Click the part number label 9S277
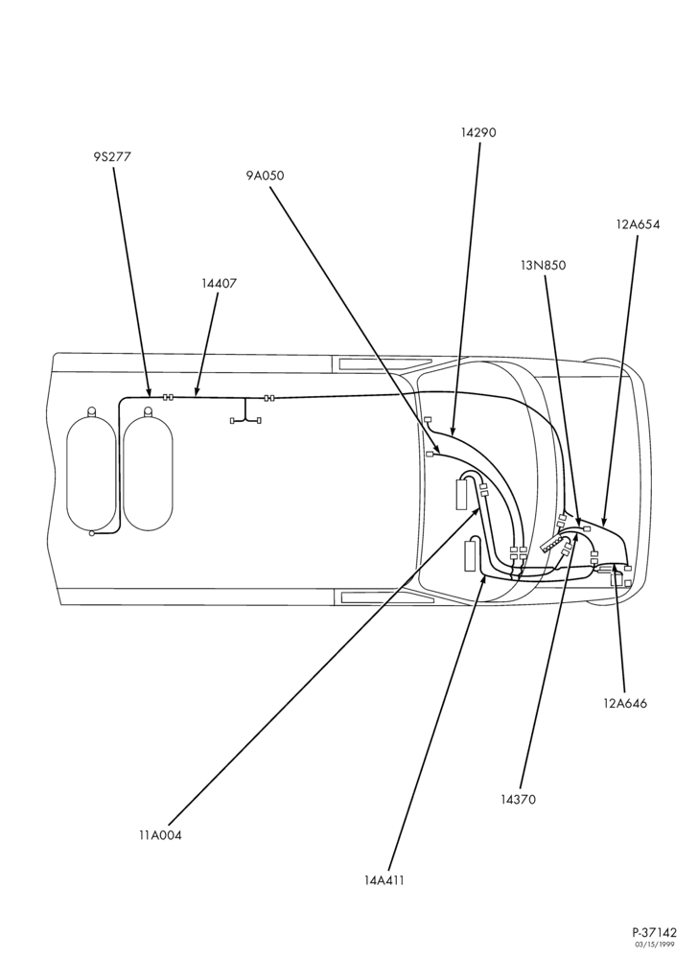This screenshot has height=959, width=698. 112,156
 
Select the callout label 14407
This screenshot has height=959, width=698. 219,283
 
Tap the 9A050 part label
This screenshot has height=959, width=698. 266,176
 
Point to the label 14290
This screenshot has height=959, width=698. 478,132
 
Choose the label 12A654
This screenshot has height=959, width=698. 639,224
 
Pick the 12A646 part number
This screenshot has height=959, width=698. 625,703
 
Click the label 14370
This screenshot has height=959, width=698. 518,799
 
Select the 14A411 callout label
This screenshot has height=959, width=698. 384,880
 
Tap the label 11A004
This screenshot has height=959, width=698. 160,835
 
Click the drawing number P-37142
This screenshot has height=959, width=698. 655,933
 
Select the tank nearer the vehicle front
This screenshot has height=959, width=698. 148,470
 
